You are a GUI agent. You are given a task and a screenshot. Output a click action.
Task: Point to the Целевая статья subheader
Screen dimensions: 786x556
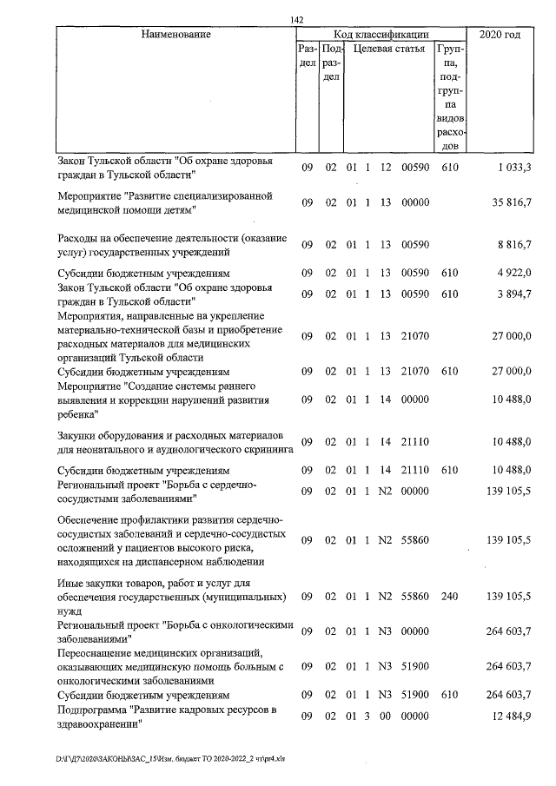382,50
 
